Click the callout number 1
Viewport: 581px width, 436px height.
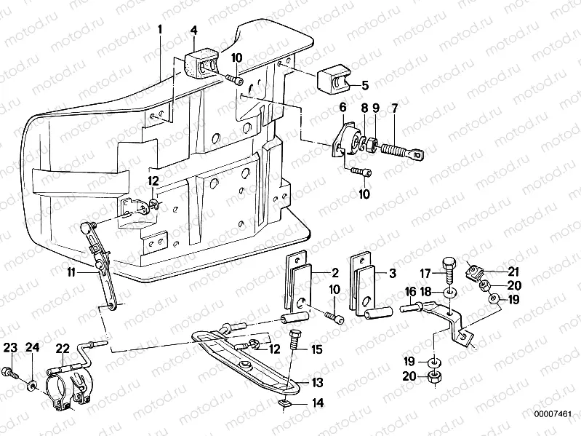[x=161, y=31]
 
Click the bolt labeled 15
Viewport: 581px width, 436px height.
[x=294, y=342]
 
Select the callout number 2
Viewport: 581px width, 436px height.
[x=335, y=274]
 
